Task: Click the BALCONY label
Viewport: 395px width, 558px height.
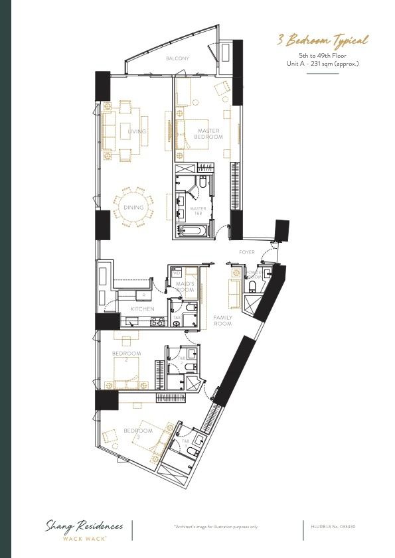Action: click(x=177, y=58)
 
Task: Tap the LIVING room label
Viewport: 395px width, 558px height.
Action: click(x=137, y=132)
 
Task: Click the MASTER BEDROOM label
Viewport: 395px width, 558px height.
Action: click(x=208, y=134)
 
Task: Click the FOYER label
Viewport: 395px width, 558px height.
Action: click(x=247, y=252)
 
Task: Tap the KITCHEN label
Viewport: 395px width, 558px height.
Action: click(x=142, y=309)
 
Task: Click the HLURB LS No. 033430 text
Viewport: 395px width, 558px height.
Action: click(x=334, y=526)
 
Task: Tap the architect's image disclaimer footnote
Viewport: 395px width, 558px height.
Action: click(x=216, y=526)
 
